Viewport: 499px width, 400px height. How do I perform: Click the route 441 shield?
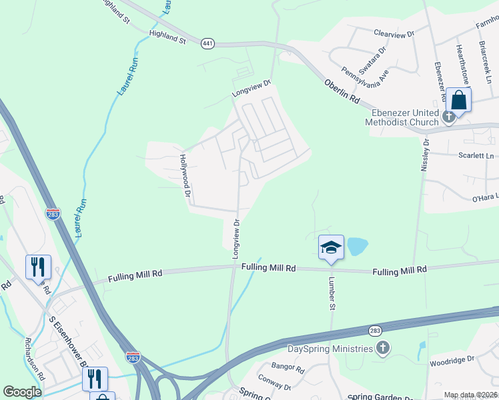click(207, 43)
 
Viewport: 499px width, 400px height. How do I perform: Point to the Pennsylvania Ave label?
click(365, 74)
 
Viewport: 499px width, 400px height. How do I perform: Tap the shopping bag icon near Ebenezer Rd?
click(459, 100)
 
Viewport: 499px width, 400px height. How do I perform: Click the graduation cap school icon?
click(331, 247)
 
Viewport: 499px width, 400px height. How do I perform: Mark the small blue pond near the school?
click(358, 247)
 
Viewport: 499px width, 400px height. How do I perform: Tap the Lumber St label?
click(330, 293)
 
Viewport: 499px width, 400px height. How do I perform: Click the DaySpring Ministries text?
click(330, 349)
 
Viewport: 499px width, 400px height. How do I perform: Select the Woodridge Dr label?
click(452, 359)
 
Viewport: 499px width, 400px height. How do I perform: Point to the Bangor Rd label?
click(288, 367)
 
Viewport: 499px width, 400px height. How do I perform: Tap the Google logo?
click(23, 391)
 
